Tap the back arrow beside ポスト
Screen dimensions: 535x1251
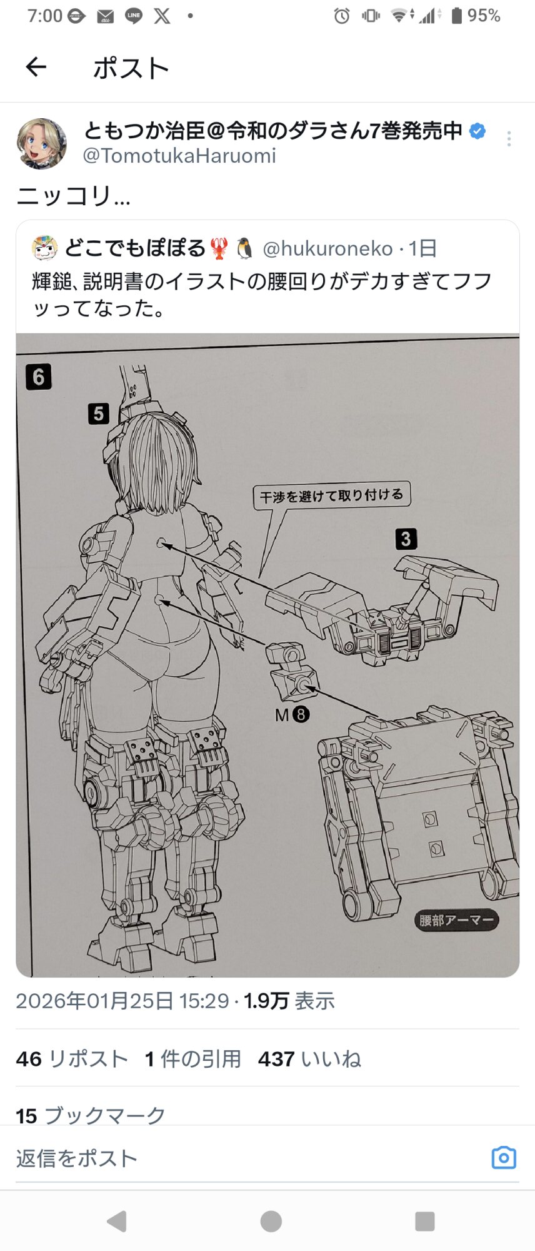pos(36,67)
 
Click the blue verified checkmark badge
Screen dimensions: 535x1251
pos(477,131)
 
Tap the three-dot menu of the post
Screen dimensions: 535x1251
pos(509,139)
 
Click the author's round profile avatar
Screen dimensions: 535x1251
pos(41,144)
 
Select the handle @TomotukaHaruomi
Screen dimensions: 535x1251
pos(179,156)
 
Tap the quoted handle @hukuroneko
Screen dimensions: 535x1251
pos(327,249)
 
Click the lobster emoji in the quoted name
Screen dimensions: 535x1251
pos(219,248)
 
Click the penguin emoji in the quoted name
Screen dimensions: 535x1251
pos(244,248)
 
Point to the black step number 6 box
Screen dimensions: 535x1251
pos(38,377)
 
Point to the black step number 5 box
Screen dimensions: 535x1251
pos(99,413)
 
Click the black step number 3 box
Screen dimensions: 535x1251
pos(406,539)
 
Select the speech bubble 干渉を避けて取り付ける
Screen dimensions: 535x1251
pos(332,496)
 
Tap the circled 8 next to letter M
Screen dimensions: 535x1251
pos(301,714)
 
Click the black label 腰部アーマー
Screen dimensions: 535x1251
pos(456,920)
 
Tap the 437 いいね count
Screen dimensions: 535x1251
pos(309,1059)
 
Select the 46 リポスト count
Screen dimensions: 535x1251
pos(72,1059)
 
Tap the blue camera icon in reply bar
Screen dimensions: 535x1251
pos(504,1158)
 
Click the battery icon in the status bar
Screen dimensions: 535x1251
pos(457,16)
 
